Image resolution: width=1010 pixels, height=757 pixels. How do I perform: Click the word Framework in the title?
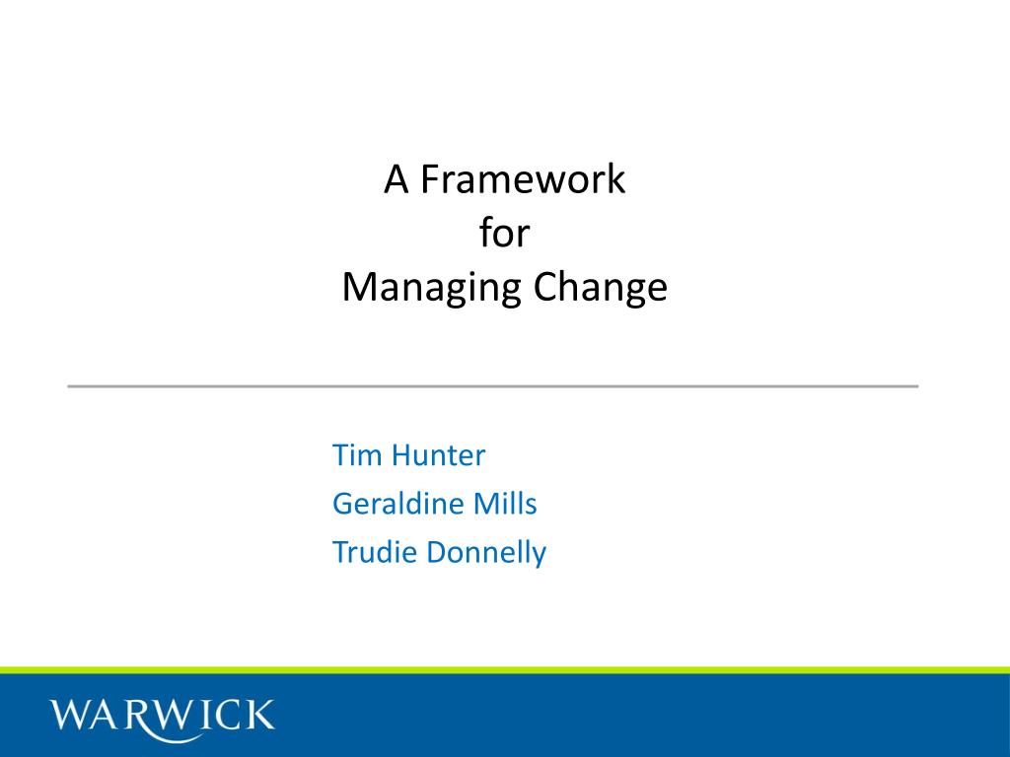click(x=523, y=179)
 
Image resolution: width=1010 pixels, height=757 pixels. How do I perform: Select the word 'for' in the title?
click(x=504, y=232)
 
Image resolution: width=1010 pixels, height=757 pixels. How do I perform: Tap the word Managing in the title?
click(x=431, y=288)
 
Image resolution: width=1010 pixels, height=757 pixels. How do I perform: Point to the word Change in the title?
click(x=601, y=288)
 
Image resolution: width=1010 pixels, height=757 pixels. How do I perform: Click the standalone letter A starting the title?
click(x=397, y=179)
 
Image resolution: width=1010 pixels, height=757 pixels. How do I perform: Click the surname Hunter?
click(x=438, y=455)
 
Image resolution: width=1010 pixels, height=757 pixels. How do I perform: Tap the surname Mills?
click(x=505, y=504)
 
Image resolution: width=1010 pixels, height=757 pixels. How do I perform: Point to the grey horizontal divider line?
click(x=493, y=386)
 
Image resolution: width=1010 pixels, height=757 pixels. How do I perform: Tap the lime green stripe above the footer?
click(x=505, y=670)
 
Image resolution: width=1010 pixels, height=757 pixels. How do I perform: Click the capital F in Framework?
click(x=431, y=179)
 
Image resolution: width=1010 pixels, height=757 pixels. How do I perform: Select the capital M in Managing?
click(x=359, y=287)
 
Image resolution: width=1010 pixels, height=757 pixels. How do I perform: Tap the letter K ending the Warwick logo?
click(x=259, y=715)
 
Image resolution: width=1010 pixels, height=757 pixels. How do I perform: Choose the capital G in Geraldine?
click(x=344, y=504)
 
